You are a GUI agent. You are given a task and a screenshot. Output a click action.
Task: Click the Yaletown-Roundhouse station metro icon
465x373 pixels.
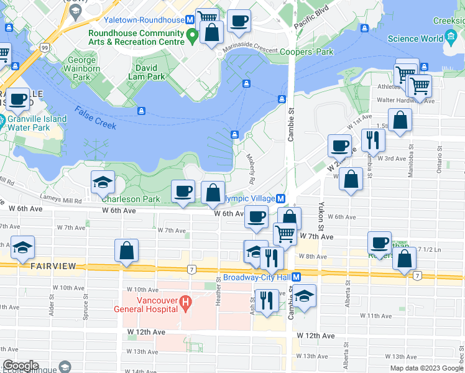tap(191, 20)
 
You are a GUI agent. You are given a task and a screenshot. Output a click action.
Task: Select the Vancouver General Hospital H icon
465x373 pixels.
tap(185, 303)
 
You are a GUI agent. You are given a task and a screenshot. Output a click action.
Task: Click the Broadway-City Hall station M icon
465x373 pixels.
tap(297, 277)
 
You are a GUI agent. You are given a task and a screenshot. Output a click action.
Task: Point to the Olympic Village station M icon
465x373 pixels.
tap(281, 198)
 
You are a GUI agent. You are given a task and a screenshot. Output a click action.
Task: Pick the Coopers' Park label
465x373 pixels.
tap(303, 53)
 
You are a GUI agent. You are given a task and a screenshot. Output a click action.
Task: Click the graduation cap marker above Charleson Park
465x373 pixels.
tap(103, 182)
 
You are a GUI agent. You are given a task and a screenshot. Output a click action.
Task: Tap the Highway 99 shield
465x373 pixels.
tap(44, 47)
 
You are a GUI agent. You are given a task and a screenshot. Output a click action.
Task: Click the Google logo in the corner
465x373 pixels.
tap(21, 366)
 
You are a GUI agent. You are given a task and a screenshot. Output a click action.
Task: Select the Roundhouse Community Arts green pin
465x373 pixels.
tap(193, 37)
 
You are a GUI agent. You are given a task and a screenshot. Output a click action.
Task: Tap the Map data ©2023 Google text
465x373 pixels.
tap(426, 368)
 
